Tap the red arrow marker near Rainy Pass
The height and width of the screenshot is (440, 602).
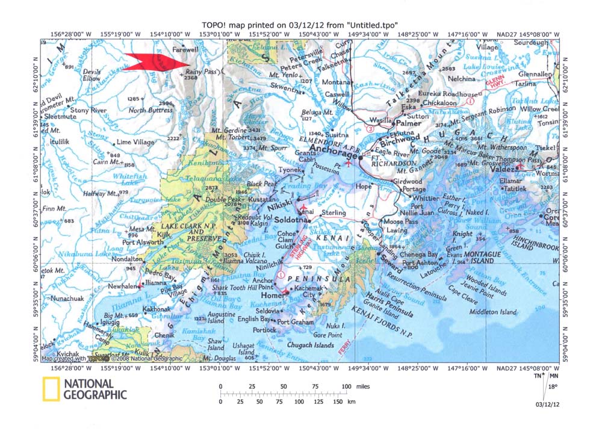point(158,61)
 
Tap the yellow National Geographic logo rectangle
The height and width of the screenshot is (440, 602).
point(51,389)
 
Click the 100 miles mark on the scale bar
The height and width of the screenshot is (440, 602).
point(346,386)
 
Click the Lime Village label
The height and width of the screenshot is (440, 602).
point(135,142)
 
